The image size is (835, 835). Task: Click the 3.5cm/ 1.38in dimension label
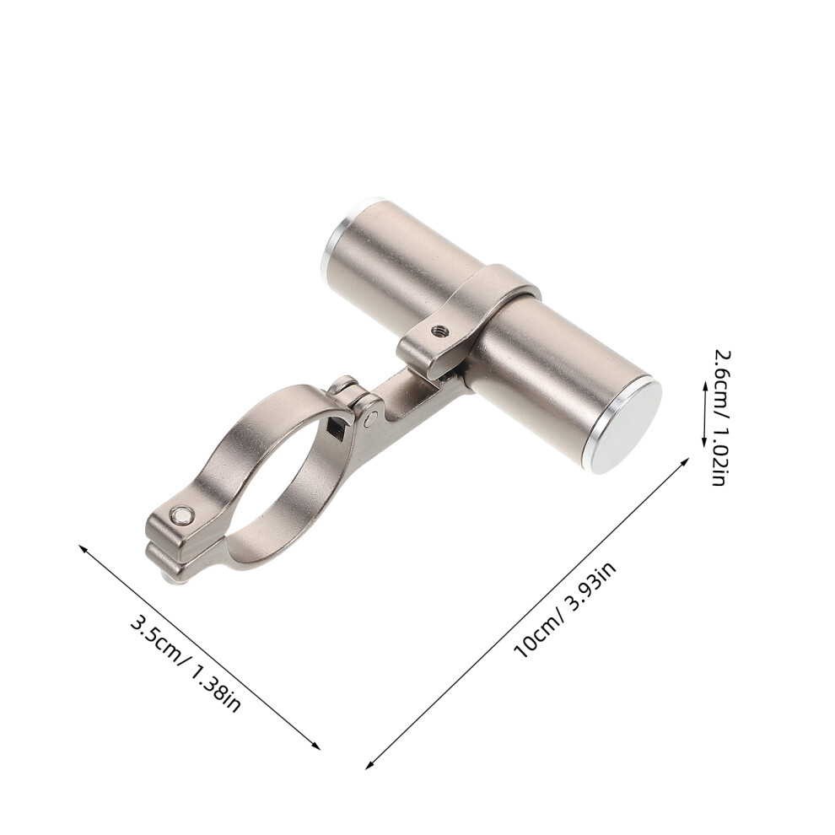(186, 665)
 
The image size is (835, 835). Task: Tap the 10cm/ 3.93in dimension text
(565, 609)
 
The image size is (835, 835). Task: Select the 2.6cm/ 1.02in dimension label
(721, 418)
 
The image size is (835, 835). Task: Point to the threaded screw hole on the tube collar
(439, 331)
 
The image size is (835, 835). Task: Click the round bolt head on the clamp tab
(182, 515)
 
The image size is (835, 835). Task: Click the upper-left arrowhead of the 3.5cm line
(83, 548)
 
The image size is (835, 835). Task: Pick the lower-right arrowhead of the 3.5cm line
(316, 746)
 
